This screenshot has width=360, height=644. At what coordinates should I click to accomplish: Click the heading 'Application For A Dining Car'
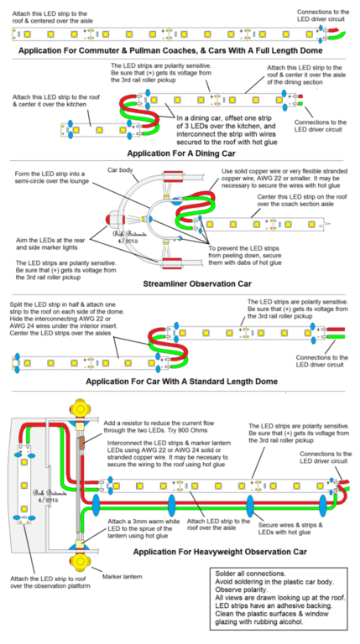click(x=180, y=153)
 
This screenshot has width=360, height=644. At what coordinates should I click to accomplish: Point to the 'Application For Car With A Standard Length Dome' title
click(x=180, y=392)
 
